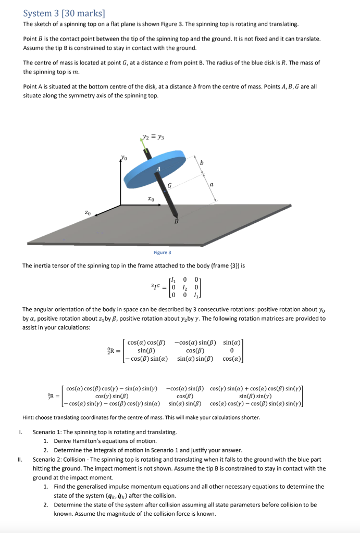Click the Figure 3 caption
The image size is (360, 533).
click(163, 252)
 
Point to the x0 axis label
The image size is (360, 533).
click(151, 199)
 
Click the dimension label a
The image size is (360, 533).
click(212, 184)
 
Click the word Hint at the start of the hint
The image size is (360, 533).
click(29, 417)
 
